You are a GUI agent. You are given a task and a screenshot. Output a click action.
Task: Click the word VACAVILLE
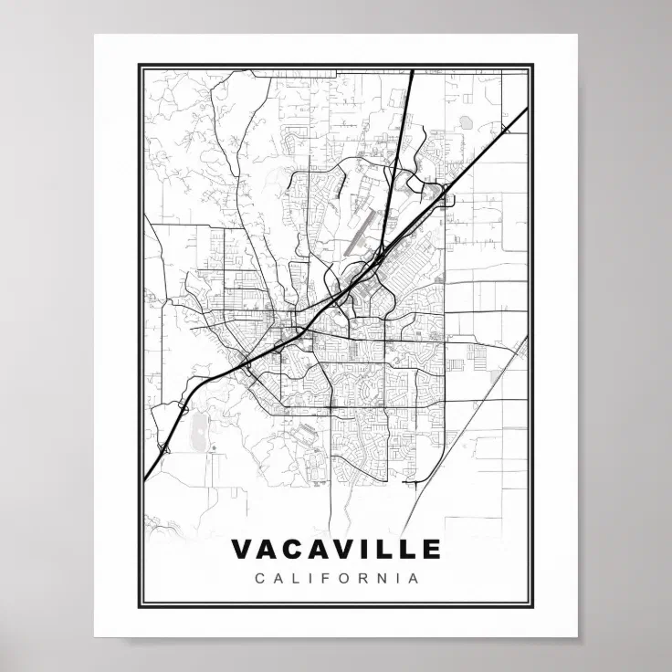click(x=336, y=549)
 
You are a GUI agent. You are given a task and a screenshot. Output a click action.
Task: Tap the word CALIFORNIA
click(x=336, y=578)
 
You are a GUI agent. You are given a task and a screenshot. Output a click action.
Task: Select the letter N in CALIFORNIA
click(x=384, y=578)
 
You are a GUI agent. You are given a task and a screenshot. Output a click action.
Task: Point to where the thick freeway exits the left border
click(x=144, y=478)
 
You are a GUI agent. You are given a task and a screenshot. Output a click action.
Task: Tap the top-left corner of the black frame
click(x=139, y=65)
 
